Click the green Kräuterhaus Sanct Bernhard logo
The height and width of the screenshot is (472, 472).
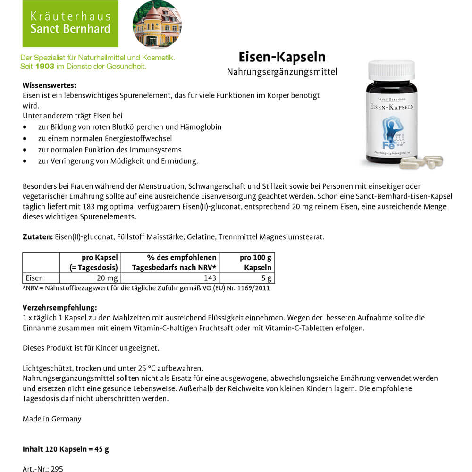70,24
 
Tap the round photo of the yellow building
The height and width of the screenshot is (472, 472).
157,24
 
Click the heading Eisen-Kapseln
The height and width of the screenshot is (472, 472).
282,57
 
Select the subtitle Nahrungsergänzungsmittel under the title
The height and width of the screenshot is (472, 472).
282,72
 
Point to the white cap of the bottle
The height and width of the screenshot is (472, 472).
391,70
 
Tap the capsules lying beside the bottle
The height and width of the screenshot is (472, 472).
421,162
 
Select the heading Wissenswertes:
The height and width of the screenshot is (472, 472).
50,85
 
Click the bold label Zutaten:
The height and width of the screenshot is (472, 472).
37,236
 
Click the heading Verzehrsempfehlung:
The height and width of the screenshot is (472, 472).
59,308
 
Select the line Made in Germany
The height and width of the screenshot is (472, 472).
52,419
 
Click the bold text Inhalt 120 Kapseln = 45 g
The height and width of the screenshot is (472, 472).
66,449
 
